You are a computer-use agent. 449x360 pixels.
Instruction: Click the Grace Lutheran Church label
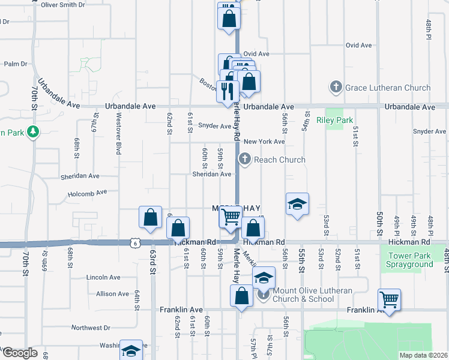tap(388, 88)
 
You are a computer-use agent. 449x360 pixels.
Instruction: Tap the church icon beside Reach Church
tap(244, 160)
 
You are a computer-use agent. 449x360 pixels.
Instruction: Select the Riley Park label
tap(339, 120)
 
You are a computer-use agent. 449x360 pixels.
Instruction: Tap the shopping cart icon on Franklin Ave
tap(389, 300)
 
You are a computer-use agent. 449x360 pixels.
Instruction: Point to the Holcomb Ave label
tap(87, 194)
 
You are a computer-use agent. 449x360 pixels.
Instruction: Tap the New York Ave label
tap(264, 142)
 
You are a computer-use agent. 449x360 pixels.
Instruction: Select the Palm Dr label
tap(16, 64)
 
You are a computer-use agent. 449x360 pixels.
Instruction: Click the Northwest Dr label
tap(91, 328)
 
